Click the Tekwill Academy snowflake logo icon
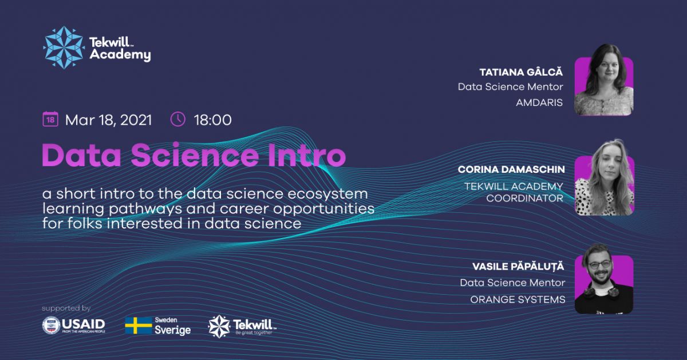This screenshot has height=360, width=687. pyautogui.click(x=64, y=48)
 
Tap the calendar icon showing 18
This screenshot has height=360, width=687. pyautogui.click(x=50, y=119)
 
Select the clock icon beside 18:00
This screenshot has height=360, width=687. pyautogui.click(x=178, y=119)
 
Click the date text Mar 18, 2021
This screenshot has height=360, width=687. pyautogui.click(x=109, y=120)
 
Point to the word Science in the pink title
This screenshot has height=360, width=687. pyautogui.click(x=195, y=155)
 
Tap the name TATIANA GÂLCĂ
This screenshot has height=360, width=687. pyautogui.click(x=521, y=72)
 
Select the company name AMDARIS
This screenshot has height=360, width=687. pyautogui.click(x=539, y=102)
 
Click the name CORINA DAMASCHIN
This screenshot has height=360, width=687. pyautogui.click(x=511, y=169)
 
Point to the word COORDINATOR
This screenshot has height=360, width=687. pyautogui.click(x=525, y=198)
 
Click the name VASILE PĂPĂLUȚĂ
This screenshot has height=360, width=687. pyautogui.click(x=518, y=266)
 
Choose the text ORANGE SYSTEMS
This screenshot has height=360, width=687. pyautogui.click(x=518, y=299)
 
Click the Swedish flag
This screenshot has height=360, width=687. pyautogui.click(x=139, y=325)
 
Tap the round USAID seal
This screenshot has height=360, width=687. pyautogui.click(x=51, y=325)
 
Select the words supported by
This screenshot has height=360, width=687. pyautogui.click(x=66, y=308)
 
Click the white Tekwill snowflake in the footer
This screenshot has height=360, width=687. pyautogui.click(x=219, y=326)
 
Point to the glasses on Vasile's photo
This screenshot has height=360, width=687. pyautogui.click(x=600, y=264)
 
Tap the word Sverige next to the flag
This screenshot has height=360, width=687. pyautogui.click(x=173, y=330)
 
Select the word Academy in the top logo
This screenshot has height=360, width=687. pyautogui.click(x=120, y=54)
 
